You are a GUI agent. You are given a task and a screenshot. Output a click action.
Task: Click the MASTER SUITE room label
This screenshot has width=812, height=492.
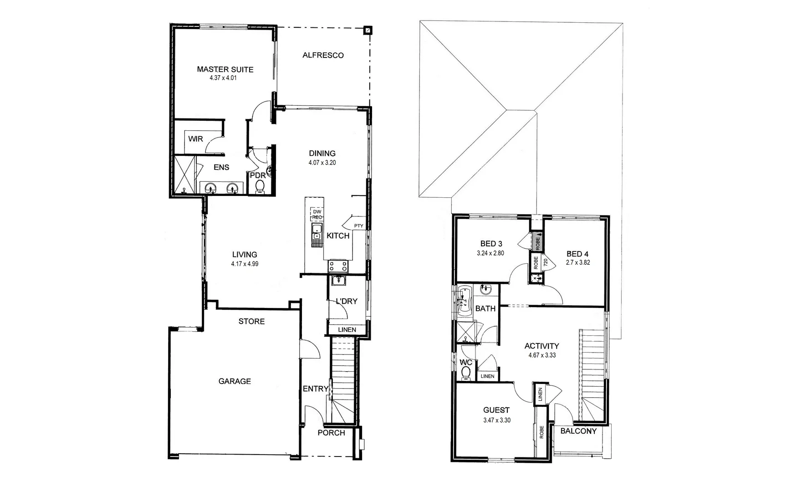point(225,69)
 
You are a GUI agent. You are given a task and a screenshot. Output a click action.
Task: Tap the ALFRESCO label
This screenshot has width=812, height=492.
point(323,55)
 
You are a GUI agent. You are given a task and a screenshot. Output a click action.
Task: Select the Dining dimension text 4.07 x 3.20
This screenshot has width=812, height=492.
point(322,162)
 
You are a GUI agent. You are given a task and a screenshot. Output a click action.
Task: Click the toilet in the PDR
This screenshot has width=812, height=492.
point(260,186)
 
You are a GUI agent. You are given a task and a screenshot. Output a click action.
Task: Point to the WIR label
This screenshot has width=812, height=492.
point(195,138)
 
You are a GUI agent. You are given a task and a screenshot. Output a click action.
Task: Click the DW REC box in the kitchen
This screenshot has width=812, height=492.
point(317,214)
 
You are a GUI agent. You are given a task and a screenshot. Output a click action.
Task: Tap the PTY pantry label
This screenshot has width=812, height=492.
point(358,225)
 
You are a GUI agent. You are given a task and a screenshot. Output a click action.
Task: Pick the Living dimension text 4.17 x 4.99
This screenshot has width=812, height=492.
point(245,264)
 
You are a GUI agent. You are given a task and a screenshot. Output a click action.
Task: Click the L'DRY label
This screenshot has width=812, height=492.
point(346,301)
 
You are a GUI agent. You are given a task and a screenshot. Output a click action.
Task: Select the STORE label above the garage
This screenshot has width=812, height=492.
point(251,321)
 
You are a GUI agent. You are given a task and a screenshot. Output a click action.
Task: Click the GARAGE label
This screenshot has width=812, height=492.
point(235,381)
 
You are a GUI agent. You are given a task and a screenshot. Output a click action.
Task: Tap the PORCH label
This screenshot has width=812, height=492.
point(331,432)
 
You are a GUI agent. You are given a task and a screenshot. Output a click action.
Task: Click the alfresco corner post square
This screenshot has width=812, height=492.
point(368,31)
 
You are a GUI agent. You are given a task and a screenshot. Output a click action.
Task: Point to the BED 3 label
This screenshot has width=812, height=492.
point(491,244)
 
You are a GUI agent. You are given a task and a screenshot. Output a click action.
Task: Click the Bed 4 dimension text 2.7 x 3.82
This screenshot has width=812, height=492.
point(578,262)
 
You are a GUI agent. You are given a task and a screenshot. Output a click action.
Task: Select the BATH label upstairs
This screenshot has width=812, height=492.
point(485,308)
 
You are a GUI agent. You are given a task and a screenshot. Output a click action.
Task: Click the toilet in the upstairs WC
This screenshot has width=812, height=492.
point(465,373)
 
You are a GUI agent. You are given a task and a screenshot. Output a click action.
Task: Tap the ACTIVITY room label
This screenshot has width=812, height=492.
point(541,346)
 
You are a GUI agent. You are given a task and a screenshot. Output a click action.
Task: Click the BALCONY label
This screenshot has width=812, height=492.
point(578,431)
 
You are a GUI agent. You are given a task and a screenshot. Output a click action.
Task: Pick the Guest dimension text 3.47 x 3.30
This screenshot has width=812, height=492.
point(496,420)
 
